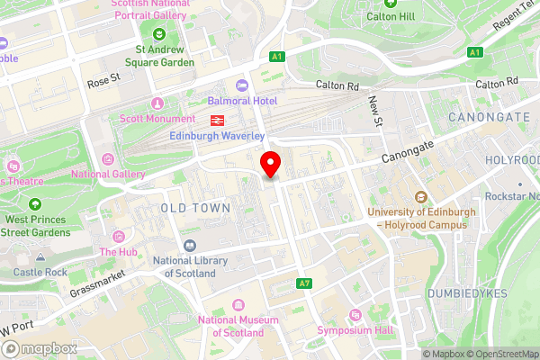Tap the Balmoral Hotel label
[x=242, y=101]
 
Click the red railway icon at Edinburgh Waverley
[x=217, y=120]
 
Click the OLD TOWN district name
[x=195, y=208]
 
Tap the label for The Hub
[x=118, y=252]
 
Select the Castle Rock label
[x=40, y=272]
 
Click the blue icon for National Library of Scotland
[x=190, y=245]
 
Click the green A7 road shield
[x=304, y=283]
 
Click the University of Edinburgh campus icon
[x=419, y=197]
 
